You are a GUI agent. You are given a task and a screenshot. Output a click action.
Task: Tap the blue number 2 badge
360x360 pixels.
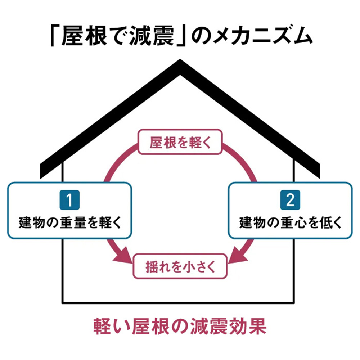290,201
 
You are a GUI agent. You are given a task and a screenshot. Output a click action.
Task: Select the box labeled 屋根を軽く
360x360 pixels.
179,142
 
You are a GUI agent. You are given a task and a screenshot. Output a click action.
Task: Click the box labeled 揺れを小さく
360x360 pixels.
180,267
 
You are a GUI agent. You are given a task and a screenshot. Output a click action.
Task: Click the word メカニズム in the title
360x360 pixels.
259,36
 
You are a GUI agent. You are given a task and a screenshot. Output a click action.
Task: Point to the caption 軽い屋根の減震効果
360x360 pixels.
180,327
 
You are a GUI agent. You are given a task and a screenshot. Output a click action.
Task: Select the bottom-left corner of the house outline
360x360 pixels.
63,302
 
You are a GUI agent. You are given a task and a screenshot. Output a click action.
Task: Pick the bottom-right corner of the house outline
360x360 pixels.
296,302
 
